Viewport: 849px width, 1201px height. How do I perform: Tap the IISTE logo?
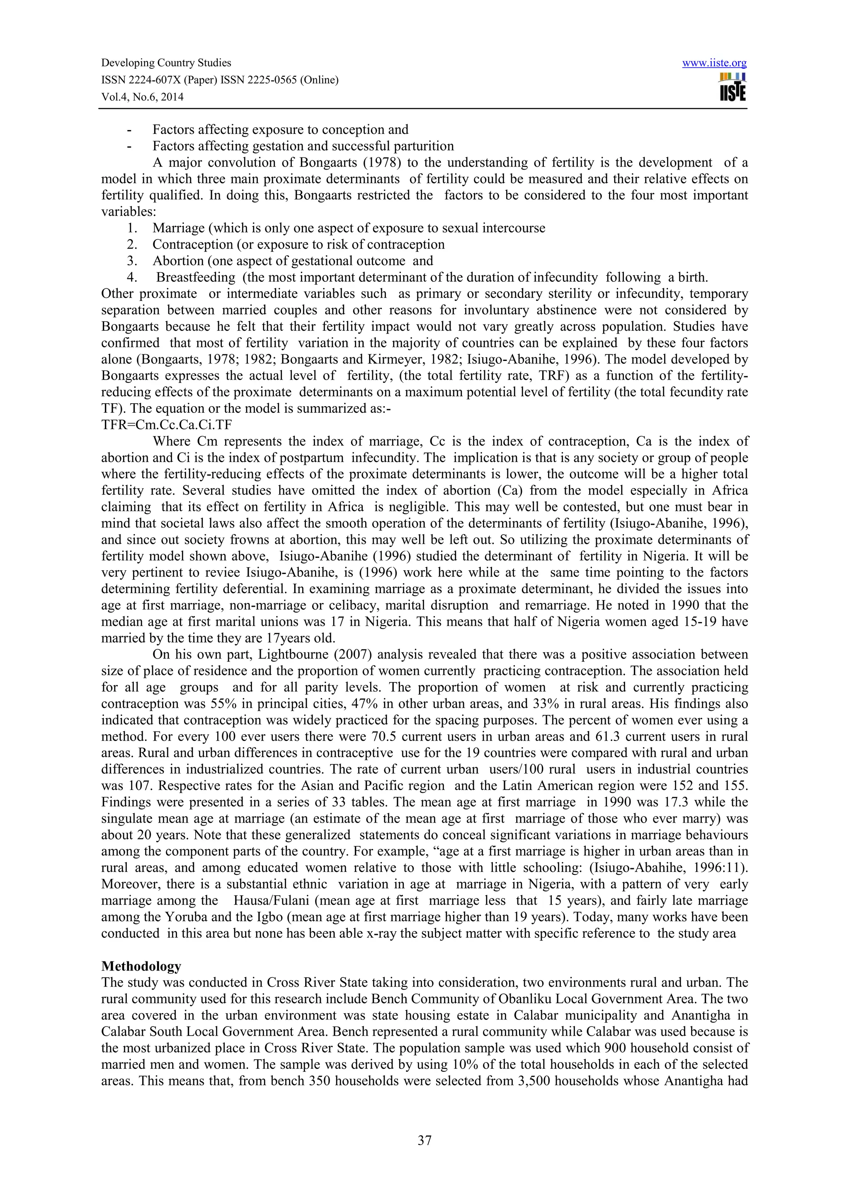pos(733,87)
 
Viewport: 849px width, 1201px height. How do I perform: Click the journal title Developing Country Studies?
pos(166,63)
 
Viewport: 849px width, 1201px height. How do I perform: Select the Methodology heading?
pos(141,966)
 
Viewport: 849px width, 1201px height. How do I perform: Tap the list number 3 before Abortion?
pos(132,261)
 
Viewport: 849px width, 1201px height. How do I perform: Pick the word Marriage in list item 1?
pos(175,228)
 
